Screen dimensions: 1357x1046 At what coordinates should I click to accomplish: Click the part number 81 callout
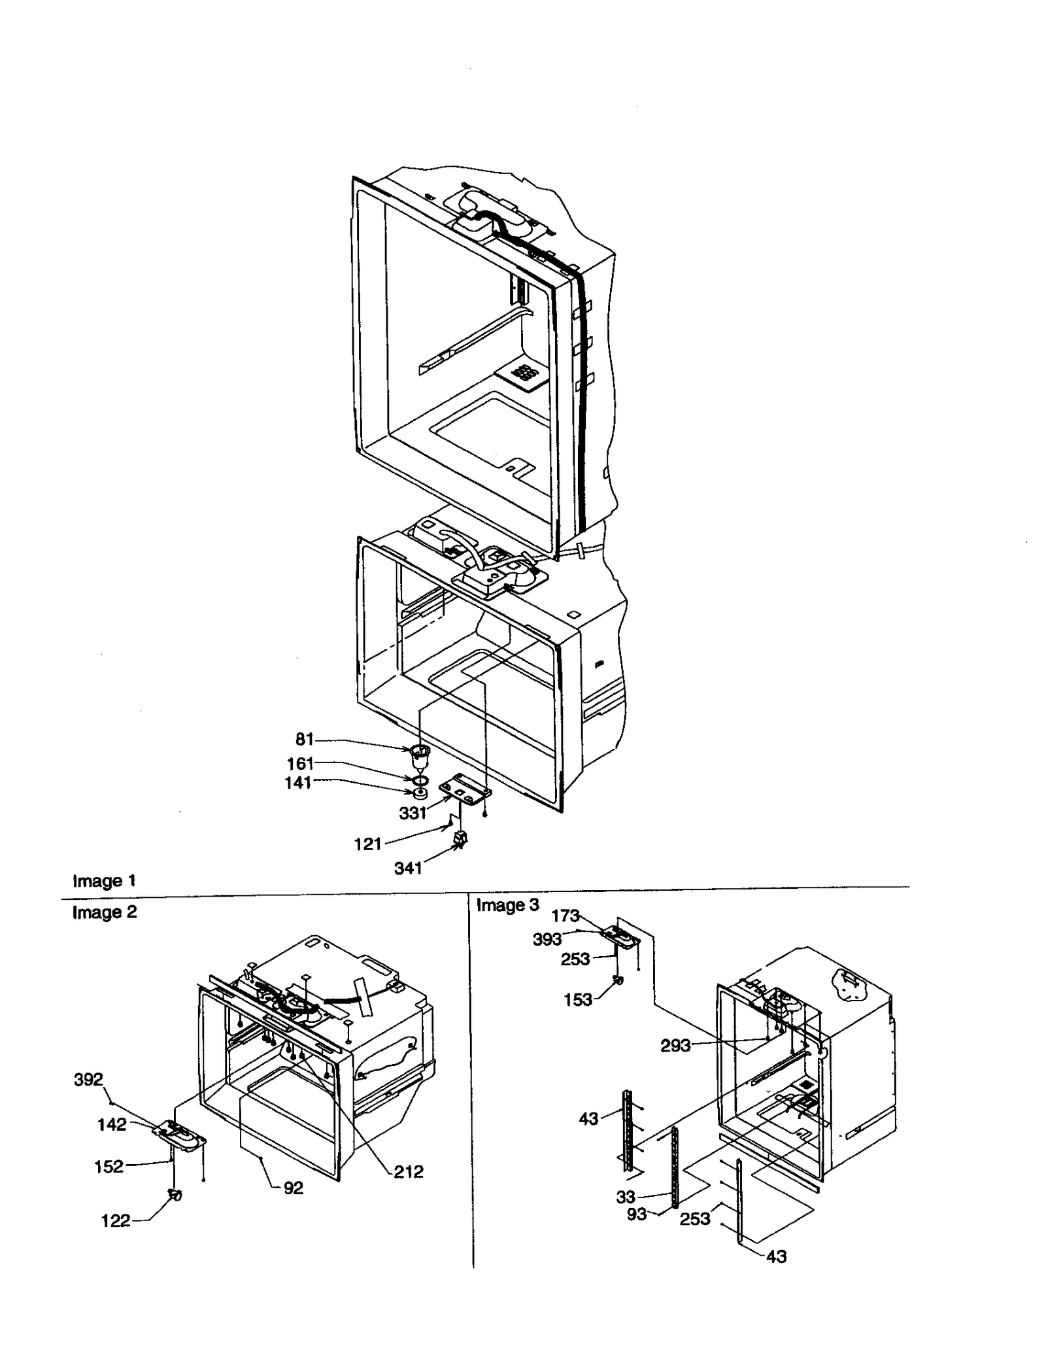point(305,740)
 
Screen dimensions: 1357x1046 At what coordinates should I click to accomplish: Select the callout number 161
point(300,763)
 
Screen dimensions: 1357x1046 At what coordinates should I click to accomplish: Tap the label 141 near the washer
point(297,783)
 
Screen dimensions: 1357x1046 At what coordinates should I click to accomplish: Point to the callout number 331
point(413,813)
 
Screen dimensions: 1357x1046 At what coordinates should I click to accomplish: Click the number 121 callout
point(367,844)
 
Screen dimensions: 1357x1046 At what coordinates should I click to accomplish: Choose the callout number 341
point(408,868)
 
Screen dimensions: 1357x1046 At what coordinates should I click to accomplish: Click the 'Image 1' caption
point(104,880)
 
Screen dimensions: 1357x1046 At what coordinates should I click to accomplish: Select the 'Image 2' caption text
point(105,912)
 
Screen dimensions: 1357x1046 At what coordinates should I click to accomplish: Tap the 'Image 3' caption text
point(507,905)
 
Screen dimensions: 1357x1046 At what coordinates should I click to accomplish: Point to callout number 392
point(88,1079)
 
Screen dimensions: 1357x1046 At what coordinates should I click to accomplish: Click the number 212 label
point(408,1171)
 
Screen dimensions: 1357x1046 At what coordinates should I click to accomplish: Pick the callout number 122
point(116,1221)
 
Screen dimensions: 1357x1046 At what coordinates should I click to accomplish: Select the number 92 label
point(294,1188)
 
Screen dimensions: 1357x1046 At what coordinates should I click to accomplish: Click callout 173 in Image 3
point(565,916)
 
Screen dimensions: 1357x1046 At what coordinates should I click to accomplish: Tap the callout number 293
point(675,1046)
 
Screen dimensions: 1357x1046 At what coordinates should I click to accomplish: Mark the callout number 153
point(578,1000)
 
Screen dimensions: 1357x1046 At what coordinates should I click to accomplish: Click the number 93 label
point(636,1214)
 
